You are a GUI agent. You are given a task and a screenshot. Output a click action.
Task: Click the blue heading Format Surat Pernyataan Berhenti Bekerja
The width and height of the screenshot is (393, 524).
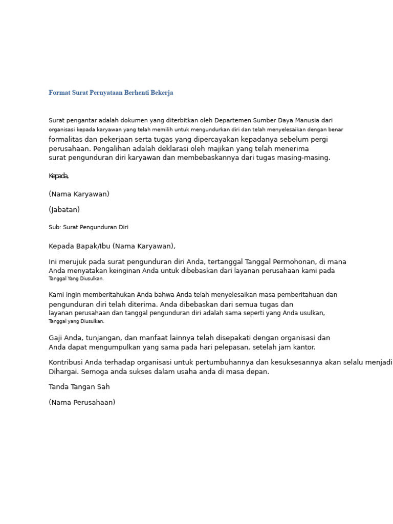click(x=111, y=93)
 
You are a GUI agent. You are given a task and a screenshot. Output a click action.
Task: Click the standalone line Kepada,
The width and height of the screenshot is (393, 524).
click(x=59, y=176)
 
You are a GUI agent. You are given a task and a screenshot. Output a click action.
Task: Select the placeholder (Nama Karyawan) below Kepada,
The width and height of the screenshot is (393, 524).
click(x=79, y=194)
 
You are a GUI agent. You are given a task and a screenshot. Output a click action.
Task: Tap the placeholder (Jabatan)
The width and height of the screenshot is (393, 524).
click(x=64, y=210)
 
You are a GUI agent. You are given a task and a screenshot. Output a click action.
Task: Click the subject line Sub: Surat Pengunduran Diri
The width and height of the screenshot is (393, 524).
click(x=89, y=227)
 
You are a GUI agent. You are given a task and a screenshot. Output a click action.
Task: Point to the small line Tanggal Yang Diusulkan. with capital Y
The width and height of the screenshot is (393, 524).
click(x=76, y=279)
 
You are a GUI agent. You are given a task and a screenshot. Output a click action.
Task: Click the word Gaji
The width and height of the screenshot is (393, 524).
click(x=56, y=338)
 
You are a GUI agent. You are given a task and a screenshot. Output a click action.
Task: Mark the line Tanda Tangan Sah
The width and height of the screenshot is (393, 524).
click(x=79, y=387)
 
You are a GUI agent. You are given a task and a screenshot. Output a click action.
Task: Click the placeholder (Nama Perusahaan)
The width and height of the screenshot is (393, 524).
click(x=82, y=403)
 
